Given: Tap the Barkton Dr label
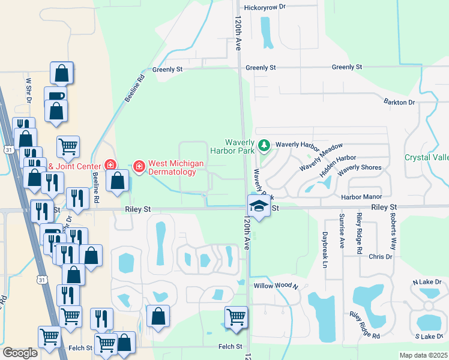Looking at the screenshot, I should [400, 103].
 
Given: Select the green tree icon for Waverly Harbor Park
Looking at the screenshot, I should [264, 145].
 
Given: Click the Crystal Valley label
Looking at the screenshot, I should [427, 157].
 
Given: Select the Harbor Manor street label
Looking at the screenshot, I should [361, 197].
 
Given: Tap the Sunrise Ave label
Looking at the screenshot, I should [342, 230].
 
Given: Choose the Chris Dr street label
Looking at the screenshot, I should [381, 256].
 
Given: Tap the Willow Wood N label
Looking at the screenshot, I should [276, 286].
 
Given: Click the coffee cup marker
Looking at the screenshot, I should [56, 95].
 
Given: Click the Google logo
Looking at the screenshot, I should [20, 353].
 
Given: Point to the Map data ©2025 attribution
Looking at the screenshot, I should [423, 355].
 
